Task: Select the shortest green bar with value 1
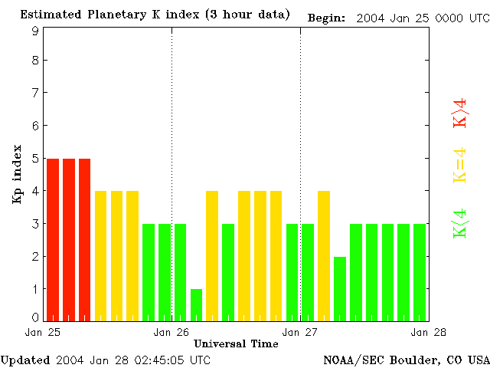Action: point(196,304)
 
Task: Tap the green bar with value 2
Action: point(340,288)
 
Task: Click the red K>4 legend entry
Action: point(459,113)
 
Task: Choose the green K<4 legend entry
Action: point(459,223)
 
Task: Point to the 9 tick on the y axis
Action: point(35,31)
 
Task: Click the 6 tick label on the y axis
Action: point(35,126)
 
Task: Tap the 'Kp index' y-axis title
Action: point(16,174)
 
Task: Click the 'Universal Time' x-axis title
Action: point(236,343)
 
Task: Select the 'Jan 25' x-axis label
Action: point(43,332)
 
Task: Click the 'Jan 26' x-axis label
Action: point(171,332)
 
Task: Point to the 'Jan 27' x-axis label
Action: point(300,332)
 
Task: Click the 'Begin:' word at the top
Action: point(327,17)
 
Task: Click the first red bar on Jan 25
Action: point(53,239)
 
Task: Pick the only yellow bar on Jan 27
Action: point(324,255)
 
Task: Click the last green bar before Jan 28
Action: point(420,272)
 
